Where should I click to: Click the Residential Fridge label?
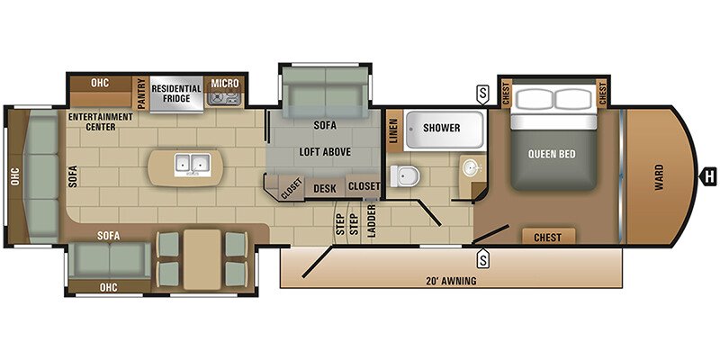tap(176, 94)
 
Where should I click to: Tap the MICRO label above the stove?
tap(225, 83)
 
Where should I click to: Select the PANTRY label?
tap(141, 94)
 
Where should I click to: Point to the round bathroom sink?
tap(471, 169)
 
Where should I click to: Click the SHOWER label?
tap(442, 128)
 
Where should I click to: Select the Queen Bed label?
tap(552, 154)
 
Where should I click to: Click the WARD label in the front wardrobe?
tap(660, 177)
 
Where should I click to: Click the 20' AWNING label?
tap(452, 281)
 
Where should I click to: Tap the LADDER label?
tap(372, 220)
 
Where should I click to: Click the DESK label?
tap(325, 188)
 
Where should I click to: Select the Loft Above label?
tap(325, 152)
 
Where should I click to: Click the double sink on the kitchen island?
tap(193, 165)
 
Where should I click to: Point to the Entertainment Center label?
tap(101, 121)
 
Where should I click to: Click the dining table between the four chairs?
tap(202, 259)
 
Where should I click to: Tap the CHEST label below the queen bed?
tap(548, 238)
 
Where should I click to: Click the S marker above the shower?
tap(482, 95)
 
